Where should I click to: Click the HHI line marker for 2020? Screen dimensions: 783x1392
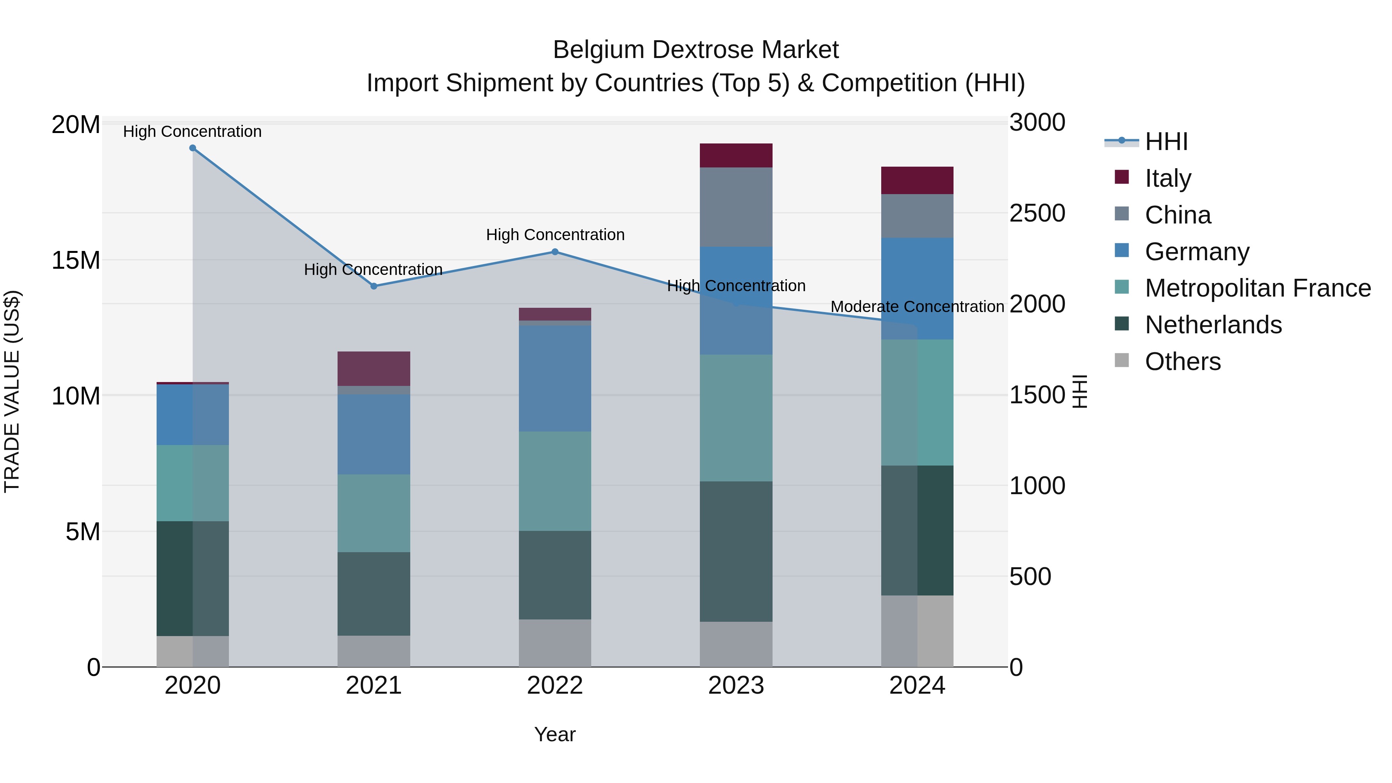[193, 148]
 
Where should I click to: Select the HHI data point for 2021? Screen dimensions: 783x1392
[374, 287]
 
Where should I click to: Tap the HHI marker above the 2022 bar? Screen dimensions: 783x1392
[554, 252]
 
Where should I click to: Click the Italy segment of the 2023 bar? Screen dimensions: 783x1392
[735, 155]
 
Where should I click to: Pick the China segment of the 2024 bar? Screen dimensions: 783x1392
[917, 216]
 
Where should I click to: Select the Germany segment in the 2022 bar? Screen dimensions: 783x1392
[554, 378]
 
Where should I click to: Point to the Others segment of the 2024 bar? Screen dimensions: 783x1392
[917, 631]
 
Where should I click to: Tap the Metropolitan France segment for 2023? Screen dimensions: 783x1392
[735, 418]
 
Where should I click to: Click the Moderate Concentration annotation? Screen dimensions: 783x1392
[917, 307]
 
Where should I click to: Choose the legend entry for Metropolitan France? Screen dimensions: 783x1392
[1257, 288]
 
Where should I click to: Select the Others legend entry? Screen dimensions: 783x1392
[1182, 362]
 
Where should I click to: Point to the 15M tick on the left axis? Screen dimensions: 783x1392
[76, 261]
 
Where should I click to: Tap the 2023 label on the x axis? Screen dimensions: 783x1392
[735, 686]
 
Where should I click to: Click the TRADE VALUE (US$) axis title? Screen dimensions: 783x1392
[12, 391]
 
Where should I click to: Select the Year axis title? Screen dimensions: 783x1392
[554, 734]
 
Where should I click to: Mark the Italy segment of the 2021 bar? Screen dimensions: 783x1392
[374, 368]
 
